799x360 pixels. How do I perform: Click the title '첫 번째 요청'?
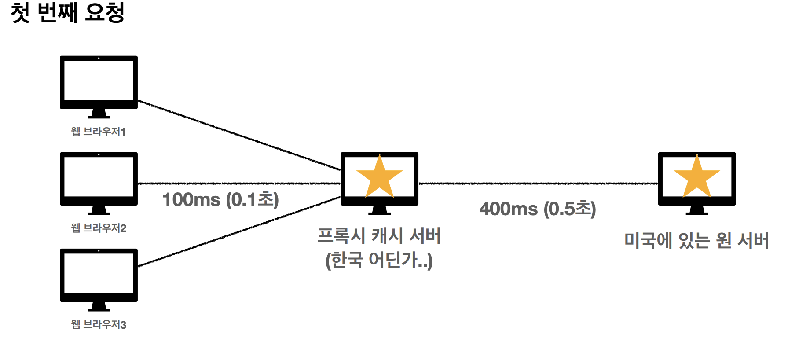tap(67, 12)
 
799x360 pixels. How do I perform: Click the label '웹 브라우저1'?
tap(99, 132)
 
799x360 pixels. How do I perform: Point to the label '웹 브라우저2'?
tap(99, 228)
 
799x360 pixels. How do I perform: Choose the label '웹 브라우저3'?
tap(99, 324)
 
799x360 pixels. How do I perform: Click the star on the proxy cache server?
tap(379, 177)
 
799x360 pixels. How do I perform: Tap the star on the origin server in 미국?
tap(696, 177)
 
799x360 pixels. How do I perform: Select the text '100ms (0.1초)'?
tap(220, 200)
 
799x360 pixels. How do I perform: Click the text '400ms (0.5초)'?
tap(538, 209)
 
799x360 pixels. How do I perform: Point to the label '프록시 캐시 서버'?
tap(379, 236)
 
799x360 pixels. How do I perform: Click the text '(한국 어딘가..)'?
tap(379, 260)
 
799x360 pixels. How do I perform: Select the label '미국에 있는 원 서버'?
tap(696, 240)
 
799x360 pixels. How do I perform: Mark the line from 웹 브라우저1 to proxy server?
tap(239, 135)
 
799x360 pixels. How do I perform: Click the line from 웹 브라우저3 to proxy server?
tap(239, 231)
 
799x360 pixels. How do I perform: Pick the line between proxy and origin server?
tap(538, 184)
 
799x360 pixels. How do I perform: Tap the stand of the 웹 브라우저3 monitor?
tap(99, 307)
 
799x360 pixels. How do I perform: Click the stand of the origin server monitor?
tap(696, 210)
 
